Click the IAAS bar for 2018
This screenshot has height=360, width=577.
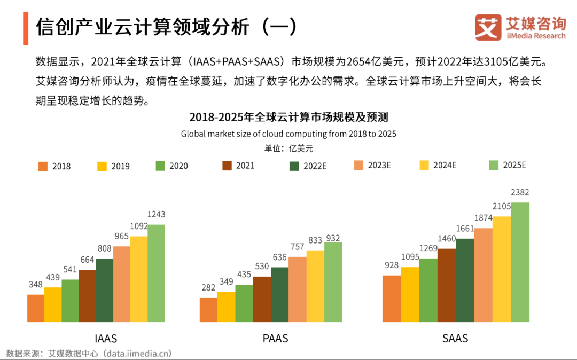[35, 308]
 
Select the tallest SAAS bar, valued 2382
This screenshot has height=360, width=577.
[520, 262]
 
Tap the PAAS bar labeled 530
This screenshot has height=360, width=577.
[262, 299]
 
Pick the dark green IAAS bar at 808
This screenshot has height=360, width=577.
[104, 290]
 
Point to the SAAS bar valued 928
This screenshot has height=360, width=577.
[392, 299]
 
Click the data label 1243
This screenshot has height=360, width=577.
[156, 214]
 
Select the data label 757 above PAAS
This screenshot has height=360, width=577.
[297, 247]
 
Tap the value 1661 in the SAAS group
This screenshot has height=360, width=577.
[465, 228]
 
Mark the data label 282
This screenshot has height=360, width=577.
[208, 288]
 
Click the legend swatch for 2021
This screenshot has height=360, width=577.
[227, 166]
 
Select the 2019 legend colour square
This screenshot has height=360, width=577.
[102, 166]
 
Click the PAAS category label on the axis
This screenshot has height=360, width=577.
[276, 338]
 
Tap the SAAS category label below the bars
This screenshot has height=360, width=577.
[455, 338]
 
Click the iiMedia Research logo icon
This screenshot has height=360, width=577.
[488, 27]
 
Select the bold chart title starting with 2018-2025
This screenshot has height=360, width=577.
[288, 116]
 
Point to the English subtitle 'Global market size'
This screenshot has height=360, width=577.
[288, 134]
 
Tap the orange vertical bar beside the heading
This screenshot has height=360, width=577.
[26, 27]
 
